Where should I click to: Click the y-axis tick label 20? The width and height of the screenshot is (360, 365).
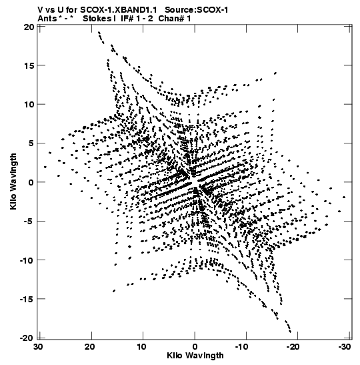29,27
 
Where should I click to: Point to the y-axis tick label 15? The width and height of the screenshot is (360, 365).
29,65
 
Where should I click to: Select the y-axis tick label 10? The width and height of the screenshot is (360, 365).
29,105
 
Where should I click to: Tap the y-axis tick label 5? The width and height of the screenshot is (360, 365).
31,143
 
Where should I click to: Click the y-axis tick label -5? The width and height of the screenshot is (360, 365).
29,221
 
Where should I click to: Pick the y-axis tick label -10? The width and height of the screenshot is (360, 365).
27,260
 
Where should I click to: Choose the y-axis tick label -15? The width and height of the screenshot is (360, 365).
27,299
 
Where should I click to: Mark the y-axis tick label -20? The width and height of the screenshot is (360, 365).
27,338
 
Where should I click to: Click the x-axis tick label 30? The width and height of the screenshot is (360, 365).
39,347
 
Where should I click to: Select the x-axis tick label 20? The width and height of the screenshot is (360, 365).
90,347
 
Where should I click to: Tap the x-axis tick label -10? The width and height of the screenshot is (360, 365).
241,347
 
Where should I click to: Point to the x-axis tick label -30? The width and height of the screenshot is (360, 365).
344,347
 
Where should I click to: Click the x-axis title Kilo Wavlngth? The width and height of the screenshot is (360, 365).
195,356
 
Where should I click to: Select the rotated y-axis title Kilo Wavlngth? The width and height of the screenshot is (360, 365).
13,181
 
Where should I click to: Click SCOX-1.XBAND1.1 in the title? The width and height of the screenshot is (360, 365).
119,10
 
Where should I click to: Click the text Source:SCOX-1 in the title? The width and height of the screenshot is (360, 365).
196,10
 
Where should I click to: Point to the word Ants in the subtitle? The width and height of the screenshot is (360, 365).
47,19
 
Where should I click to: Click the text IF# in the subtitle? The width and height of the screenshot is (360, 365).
127,19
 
